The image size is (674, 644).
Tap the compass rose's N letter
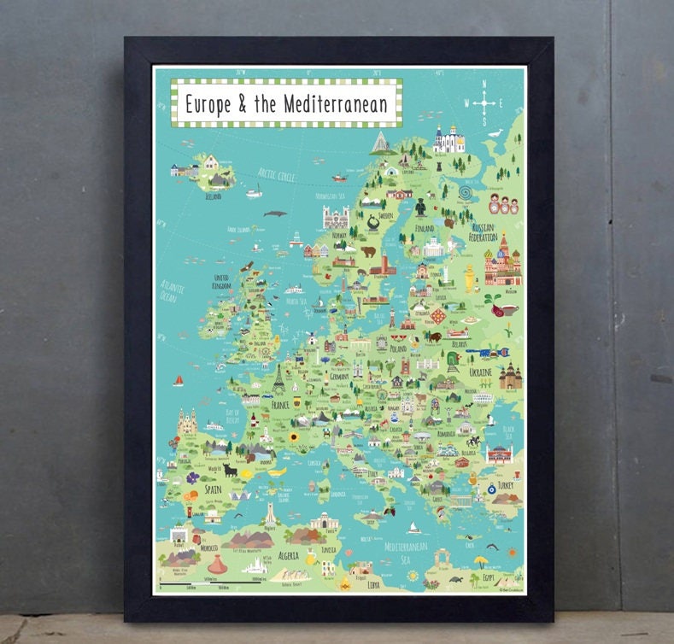(x=485, y=85)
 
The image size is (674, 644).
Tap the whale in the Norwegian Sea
(x=273, y=214)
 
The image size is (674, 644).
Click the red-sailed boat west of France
(x=179, y=380)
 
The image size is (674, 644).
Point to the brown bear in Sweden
(x=368, y=252)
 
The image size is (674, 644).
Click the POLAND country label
(x=399, y=348)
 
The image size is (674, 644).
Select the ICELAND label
(x=213, y=196)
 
